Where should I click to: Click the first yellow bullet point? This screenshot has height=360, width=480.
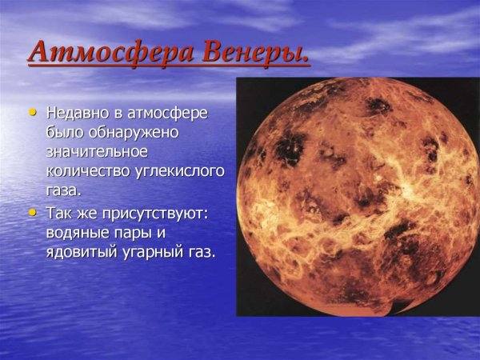coord(32,111)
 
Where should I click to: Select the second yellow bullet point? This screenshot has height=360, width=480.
coord(32,213)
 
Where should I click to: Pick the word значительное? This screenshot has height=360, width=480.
coord(98,152)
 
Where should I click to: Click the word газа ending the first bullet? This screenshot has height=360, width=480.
coord(64,191)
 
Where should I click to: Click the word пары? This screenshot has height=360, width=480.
coord(136,234)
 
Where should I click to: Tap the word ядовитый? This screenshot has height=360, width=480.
coord(79,253)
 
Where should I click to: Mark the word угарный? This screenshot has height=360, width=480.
coord(153,253)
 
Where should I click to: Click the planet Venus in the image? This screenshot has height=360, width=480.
coord(358,196)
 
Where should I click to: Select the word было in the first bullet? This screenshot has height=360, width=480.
coord(62,132)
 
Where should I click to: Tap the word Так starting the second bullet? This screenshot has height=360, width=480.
coord(59,214)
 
